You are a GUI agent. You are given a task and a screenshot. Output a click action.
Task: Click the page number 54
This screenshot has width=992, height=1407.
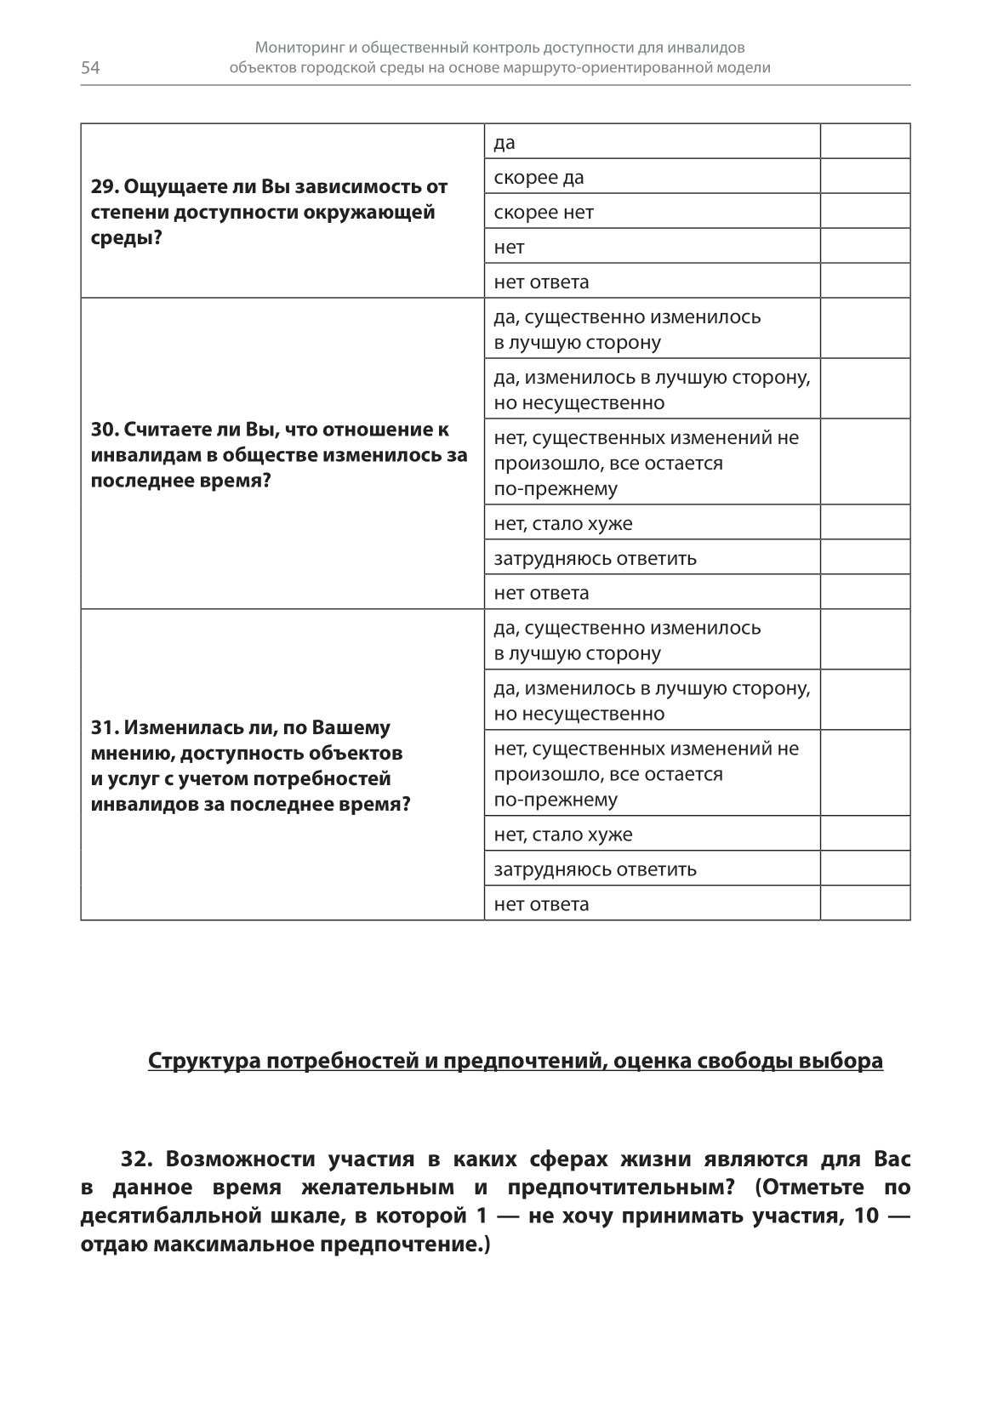tap(90, 69)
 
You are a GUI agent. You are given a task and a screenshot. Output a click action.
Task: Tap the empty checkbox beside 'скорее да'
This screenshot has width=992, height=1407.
tap(864, 177)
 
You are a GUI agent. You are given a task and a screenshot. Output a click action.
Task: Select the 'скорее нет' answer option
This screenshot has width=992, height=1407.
tap(544, 213)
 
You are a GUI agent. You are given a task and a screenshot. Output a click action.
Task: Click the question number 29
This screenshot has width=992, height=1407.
tap(102, 187)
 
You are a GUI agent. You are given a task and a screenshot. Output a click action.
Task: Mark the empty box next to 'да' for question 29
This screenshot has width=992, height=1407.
tap(864, 142)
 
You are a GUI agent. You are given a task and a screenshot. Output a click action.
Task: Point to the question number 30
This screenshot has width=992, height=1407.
tap(102, 430)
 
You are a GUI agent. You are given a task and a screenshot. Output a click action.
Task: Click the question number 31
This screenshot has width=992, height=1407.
tap(102, 728)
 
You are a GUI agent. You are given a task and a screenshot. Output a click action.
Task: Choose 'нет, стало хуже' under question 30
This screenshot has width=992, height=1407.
tap(563, 523)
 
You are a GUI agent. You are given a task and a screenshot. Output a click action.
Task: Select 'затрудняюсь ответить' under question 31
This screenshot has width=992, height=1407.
tap(595, 869)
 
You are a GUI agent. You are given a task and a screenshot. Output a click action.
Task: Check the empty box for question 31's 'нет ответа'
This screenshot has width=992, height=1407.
tap(864, 903)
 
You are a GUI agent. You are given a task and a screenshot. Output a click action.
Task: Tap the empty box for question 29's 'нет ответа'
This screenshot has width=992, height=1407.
tap(864, 281)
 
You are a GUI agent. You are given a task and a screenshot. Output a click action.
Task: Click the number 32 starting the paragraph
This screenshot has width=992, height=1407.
tap(136, 1159)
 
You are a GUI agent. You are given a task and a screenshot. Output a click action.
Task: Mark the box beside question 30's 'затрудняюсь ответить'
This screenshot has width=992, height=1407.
tap(864, 557)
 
